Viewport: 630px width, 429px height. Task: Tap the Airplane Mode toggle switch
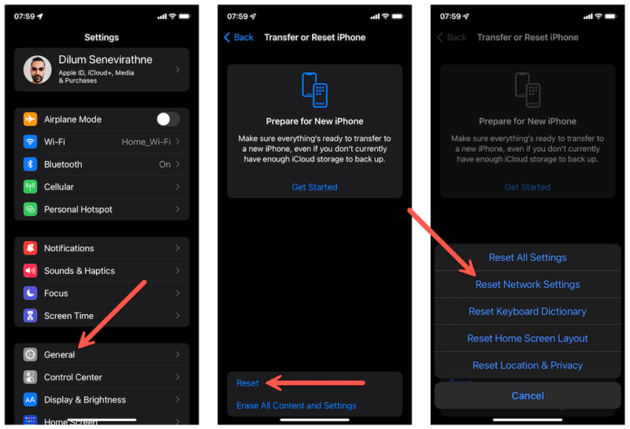click(x=168, y=120)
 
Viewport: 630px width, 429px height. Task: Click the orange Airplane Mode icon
click(x=31, y=120)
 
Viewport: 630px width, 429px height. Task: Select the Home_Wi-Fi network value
click(x=146, y=142)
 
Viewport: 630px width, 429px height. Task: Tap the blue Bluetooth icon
click(x=31, y=165)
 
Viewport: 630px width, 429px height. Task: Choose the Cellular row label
click(x=59, y=187)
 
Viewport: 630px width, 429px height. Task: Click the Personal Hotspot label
click(x=78, y=209)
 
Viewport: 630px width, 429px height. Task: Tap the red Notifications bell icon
click(x=31, y=249)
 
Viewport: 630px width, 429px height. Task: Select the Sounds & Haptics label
click(x=79, y=271)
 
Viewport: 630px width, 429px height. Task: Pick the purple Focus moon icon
click(x=31, y=294)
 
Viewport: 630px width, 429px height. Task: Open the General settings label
click(x=59, y=355)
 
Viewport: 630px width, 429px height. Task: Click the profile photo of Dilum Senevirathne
click(x=37, y=70)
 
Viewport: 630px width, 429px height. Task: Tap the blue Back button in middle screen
click(x=239, y=37)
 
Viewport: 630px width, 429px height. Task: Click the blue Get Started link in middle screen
click(x=314, y=187)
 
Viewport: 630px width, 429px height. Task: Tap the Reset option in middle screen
click(x=247, y=383)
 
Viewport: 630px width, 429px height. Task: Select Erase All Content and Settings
click(x=296, y=406)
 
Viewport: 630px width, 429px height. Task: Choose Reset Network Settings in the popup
click(x=528, y=285)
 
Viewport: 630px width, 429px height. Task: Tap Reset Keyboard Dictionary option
click(x=528, y=312)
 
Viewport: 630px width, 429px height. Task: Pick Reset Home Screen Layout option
click(x=528, y=338)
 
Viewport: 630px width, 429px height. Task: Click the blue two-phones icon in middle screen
click(x=314, y=90)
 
